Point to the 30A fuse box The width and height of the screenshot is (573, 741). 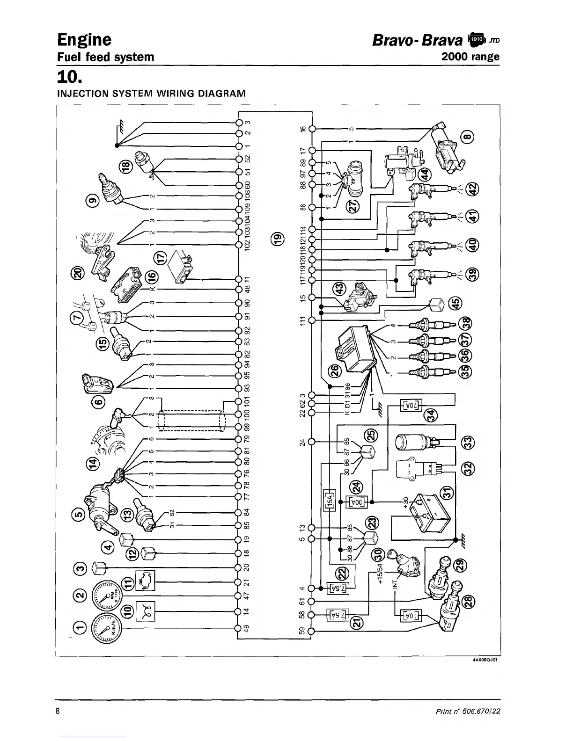coord(355,502)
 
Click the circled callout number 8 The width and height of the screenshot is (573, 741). coord(469,137)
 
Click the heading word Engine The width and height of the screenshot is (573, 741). coord(84,39)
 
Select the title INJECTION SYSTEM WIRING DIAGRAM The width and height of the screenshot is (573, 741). coord(151,93)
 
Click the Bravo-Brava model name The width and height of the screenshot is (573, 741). coord(418,40)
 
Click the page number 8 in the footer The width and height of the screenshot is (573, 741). coord(58,712)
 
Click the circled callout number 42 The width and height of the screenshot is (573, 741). coord(474,189)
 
